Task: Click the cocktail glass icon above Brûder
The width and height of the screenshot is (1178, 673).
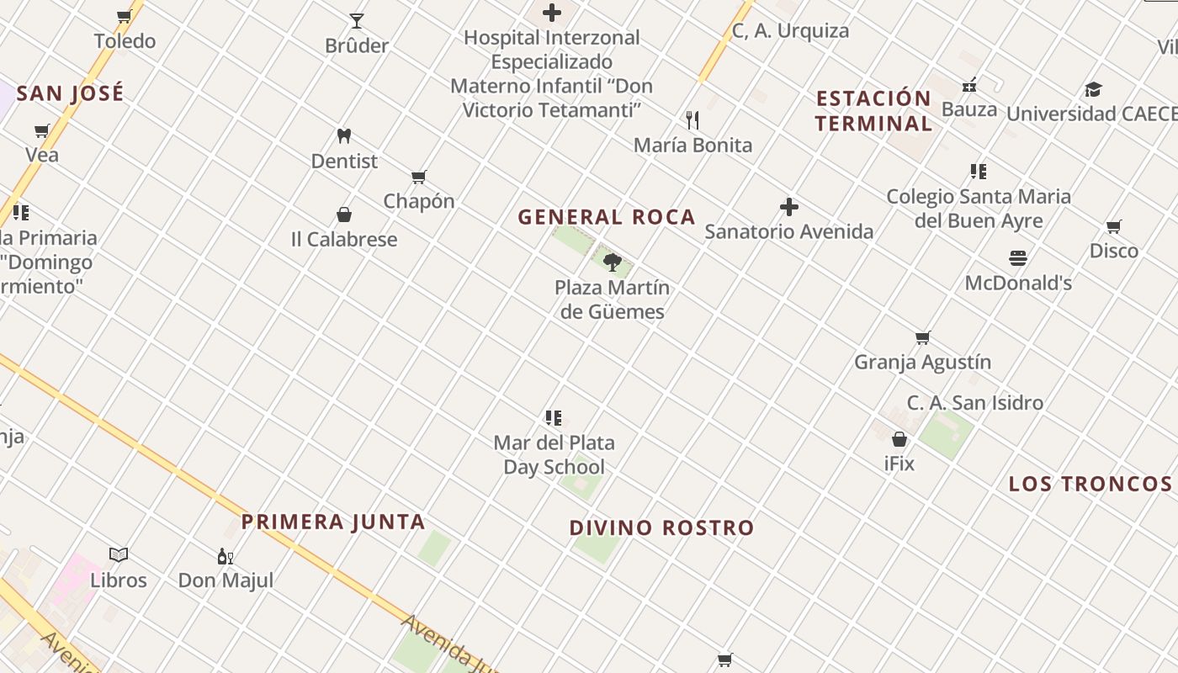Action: coord(357,21)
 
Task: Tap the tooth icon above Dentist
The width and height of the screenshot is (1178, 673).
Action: coord(343,135)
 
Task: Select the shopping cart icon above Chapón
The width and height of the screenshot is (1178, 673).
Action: coord(418,177)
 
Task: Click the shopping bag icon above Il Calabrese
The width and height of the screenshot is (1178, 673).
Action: coord(343,215)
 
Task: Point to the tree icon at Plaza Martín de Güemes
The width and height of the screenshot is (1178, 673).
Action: coord(613,262)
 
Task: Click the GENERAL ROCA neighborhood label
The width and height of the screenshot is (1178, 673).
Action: coord(607,217)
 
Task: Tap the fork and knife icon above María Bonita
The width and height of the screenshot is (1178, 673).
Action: coord(692,120)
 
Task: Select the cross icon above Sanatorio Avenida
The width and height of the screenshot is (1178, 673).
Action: coord(788,207)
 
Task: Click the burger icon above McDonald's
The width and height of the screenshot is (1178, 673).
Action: coord(1018,258)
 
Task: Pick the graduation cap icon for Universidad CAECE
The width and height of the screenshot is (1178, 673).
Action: coord(1093,89)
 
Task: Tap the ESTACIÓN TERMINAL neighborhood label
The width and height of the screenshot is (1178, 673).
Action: coord(873,111)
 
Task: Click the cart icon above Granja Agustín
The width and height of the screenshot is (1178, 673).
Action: coord(923,338)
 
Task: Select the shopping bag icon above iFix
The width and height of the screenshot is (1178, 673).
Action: coord(899,439)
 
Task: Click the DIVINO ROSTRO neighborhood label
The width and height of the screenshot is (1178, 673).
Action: coord(662,528)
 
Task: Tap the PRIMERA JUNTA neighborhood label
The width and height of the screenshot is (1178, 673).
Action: coord(333,522)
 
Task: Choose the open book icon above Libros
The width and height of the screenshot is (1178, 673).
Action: coord(119,555)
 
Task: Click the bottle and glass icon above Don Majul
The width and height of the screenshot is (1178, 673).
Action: coord(226,556)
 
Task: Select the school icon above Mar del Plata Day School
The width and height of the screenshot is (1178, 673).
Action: coord(553,418)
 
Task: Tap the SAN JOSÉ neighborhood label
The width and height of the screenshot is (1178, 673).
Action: coord(71,93)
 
